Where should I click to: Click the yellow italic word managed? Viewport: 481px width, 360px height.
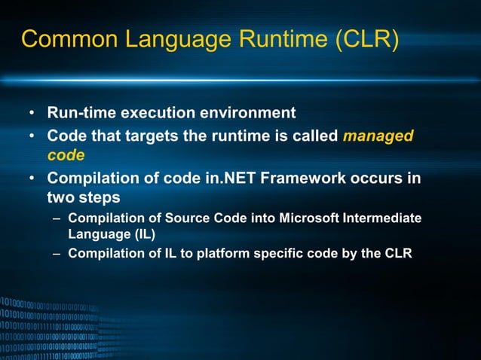click(378, 136)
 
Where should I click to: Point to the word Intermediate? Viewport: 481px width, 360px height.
click(384, 218)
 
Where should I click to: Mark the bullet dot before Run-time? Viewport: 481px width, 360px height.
click(32, 114)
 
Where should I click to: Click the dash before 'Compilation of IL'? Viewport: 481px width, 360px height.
click(57, 253)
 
